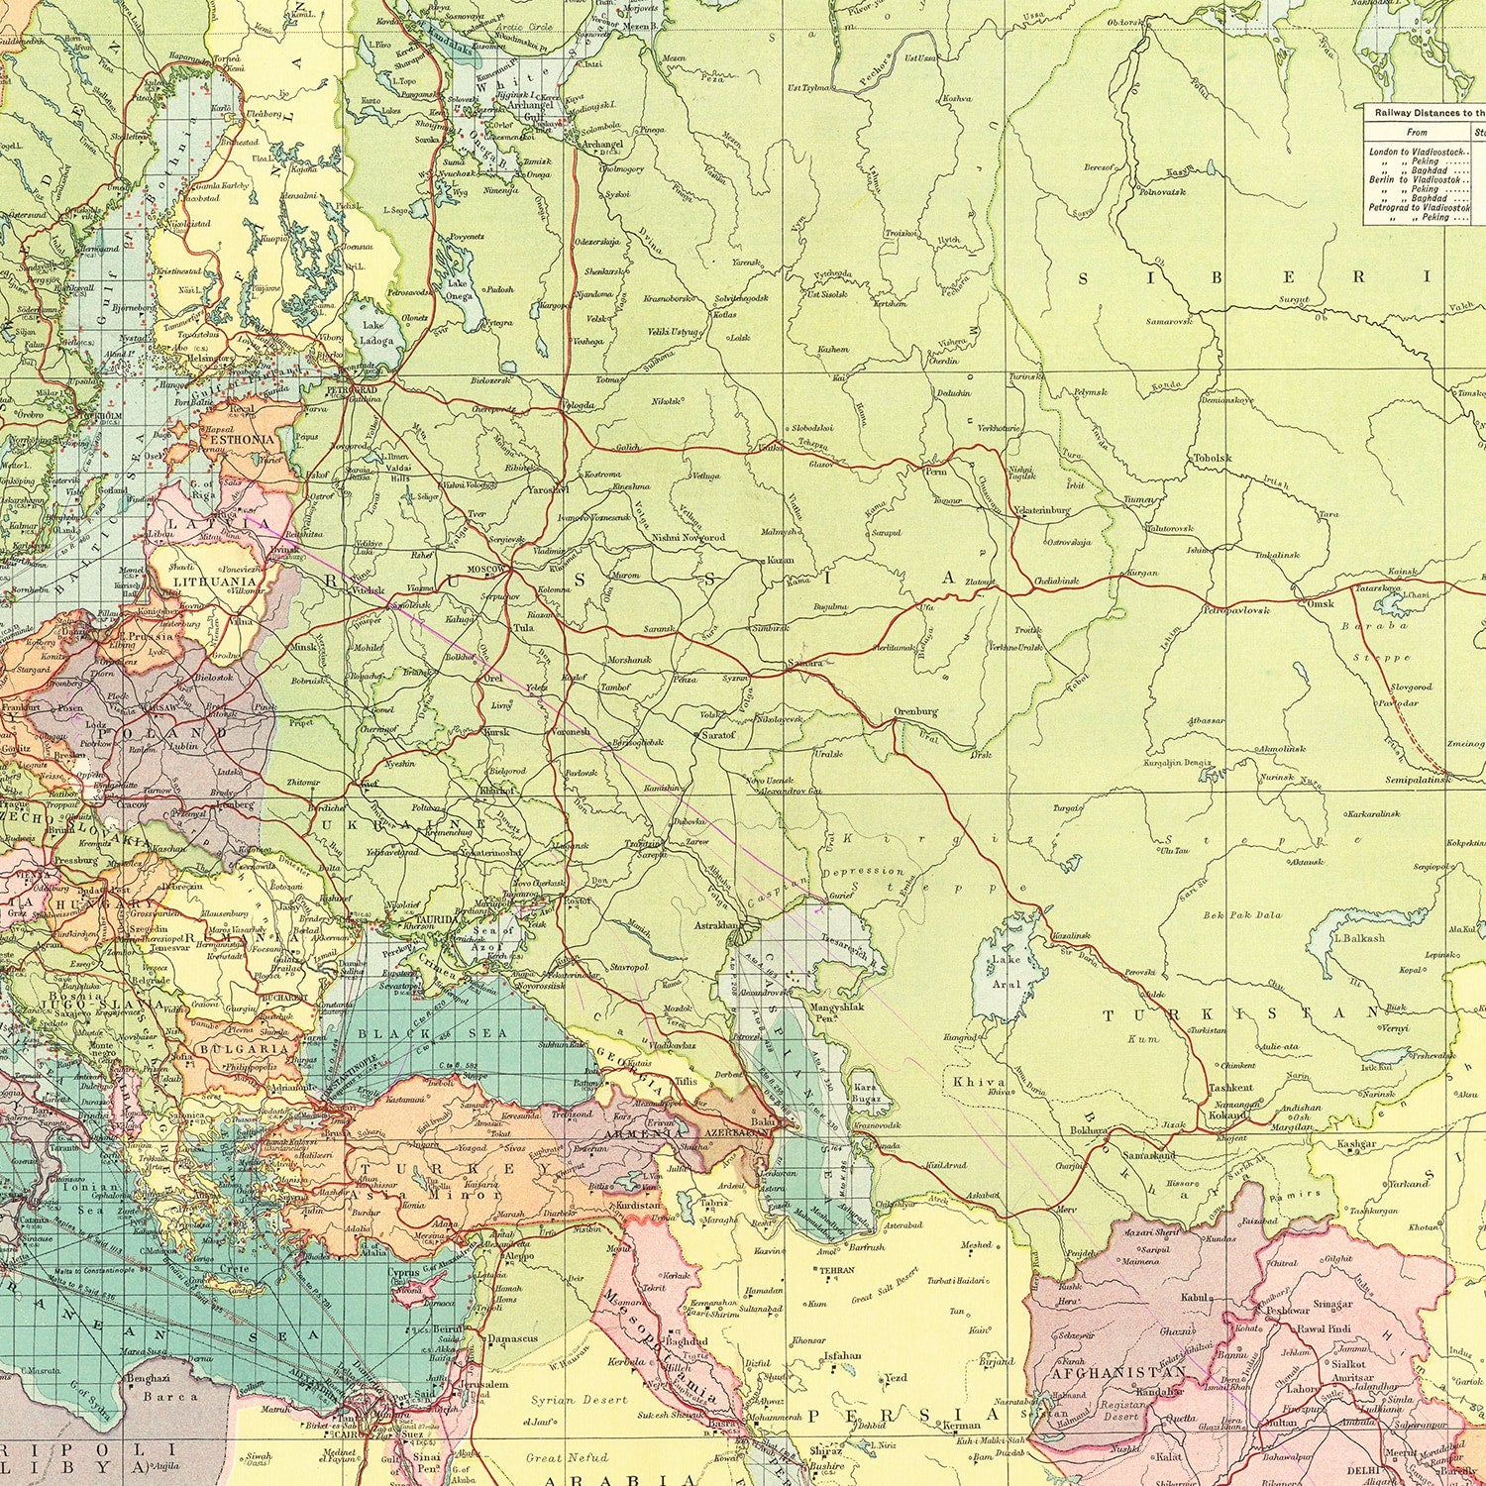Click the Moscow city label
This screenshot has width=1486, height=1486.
point(486,570)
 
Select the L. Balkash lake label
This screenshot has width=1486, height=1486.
point(1359,937)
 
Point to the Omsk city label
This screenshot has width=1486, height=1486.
point(1321,603)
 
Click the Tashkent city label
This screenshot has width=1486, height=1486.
point(1230,1087)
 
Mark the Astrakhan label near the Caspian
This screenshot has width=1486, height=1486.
point(717,925)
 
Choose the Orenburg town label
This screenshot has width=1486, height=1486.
point(914,711)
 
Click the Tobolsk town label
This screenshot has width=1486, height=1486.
point(1213,458)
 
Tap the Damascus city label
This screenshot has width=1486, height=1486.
point(512,1338)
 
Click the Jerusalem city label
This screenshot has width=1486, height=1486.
point(484,1385)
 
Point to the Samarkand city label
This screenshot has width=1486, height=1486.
point(1149,1155)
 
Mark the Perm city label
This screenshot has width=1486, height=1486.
point(935,473)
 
